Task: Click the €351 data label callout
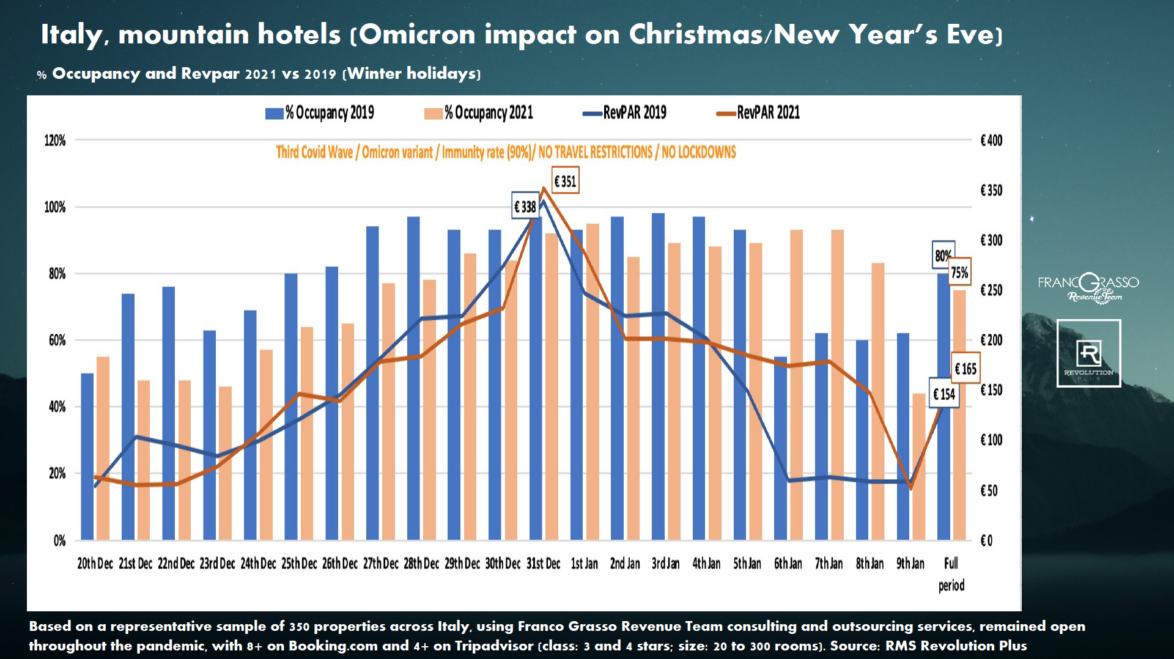click(565, 181)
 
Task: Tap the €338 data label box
click(525, 207)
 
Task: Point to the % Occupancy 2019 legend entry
click(320, 113)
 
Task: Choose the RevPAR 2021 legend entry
click(758, 112)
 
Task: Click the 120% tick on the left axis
click(55, 141)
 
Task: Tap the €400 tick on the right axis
click(991, 141)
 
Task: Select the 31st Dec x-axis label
click(543, 564)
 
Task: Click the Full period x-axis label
click(951, 573)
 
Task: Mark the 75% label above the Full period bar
click(959, 273)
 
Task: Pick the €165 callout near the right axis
click(965, 369)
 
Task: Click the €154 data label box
click(943, 394)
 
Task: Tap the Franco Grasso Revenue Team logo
click(1088, 288)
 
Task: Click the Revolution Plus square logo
click(1088, 353)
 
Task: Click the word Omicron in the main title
click(417, 34)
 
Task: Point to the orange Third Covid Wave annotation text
click(506, 152)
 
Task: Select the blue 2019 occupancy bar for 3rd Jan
click(658, 376)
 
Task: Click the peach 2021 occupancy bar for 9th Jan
click(918, 466)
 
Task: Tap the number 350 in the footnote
click(299, 627)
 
